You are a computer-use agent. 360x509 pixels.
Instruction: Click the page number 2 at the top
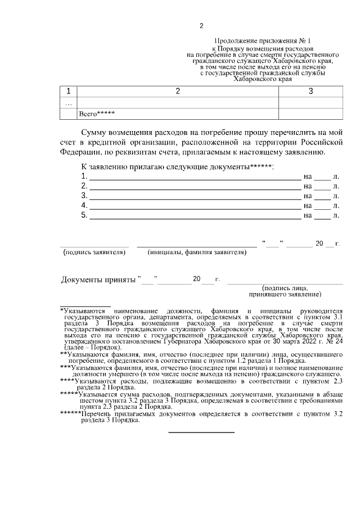[201, 26]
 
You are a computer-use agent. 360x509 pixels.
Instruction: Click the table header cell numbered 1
[69, 91]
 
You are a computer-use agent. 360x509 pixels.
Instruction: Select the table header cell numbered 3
[310, 91]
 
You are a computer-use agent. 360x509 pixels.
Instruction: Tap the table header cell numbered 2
[178, 91]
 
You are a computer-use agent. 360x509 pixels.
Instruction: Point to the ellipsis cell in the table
[69, 103]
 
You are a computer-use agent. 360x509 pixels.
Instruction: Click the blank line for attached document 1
[195, 178]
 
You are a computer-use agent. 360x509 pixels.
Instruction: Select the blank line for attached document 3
[195, 197]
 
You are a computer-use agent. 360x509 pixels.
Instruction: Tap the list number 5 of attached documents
[84, 215]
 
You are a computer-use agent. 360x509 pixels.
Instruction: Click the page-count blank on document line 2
[322, 188]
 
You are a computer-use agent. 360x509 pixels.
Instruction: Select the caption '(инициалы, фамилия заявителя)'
[197, 253]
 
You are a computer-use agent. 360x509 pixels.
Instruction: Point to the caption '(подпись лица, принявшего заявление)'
[285, 291]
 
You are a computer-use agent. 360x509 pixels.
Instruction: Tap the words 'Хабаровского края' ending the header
[263, 79]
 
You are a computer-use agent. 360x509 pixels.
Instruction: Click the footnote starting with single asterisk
[201, 329]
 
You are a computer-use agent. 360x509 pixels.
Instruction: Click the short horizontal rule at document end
[201, 432]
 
